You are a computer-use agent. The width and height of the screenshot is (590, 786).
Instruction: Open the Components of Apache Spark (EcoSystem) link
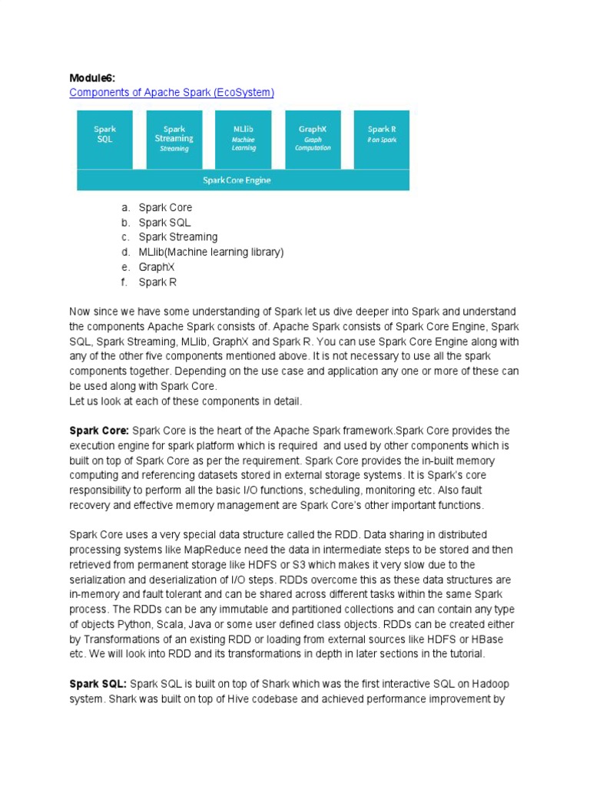(x=171, y=92)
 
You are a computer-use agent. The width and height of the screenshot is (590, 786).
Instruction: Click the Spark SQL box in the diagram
(x=104, y=138)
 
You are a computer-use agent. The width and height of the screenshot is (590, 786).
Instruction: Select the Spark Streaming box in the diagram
(x=174, y=138)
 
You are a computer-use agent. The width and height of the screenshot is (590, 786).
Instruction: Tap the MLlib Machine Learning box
(x=244, y=138)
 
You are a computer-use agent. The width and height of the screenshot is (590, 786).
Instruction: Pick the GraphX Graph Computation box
(x=313, y=138)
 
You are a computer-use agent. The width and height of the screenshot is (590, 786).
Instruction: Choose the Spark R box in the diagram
(x=381, y=138)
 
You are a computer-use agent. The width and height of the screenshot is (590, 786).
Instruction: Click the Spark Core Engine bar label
(x=237, y=180)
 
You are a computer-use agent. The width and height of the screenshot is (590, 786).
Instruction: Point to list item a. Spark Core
(x=165, y=208)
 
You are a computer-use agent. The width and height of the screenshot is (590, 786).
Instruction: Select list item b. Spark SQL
(x=164, y=223)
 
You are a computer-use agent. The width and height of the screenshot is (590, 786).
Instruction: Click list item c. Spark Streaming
(x=177, y=237)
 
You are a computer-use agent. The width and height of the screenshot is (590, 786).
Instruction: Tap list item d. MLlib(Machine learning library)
(x=210, y=253)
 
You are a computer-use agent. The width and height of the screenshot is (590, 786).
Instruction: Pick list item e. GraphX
(x=157, y=267)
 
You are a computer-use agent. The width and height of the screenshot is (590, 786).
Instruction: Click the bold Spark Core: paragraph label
(x=99, y=431)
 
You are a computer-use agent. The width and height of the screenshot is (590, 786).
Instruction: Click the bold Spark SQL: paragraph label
(x=98, y=683)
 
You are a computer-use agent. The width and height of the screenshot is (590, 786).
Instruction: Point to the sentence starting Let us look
(x=185, y=401)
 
